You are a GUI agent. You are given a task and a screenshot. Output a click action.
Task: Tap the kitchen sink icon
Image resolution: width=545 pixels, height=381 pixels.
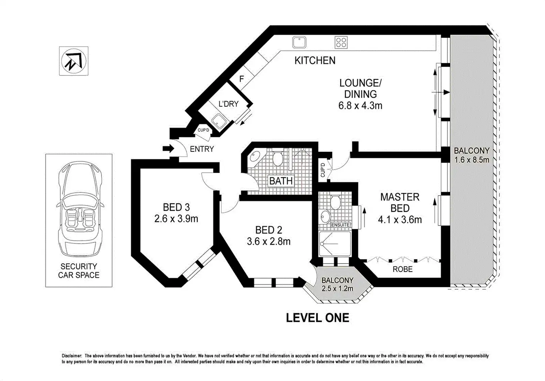click(300, 42)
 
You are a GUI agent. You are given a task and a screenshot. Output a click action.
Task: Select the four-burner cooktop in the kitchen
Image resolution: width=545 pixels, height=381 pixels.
click(341, 42)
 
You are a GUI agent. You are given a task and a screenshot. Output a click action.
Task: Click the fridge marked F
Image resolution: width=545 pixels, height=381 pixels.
click(241, 79)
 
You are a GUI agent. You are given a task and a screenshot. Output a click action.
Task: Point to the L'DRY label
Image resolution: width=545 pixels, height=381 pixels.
click(228, 104)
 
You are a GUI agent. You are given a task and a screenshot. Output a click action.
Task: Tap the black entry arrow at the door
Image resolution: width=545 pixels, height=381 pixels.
click(168, 149)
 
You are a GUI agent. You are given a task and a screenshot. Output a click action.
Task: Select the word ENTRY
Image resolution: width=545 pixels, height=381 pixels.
click(202, 149)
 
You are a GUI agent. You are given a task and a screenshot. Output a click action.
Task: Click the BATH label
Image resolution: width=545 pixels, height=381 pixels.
click(281, 181)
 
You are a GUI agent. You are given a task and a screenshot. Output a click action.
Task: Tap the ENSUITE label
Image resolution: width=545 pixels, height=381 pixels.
click(340, 225)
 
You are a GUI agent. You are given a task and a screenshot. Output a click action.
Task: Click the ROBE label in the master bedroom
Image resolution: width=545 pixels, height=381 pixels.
click(402, 269)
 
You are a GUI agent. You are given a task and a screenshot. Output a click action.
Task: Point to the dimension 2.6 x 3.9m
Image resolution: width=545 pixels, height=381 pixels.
click(176, 219)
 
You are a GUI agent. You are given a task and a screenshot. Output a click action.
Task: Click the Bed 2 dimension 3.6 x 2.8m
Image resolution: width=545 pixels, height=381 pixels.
click(268, 241)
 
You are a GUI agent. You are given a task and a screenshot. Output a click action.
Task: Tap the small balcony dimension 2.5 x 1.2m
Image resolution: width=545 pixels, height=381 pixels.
click(337, 288)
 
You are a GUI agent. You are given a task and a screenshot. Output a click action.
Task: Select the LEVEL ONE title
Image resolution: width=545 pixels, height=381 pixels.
click(317, 318)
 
